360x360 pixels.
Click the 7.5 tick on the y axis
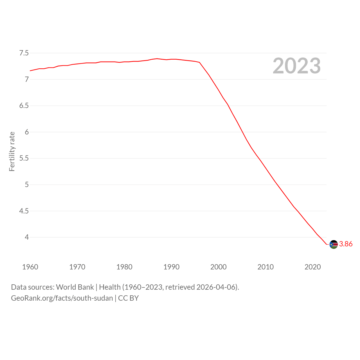(24, 53)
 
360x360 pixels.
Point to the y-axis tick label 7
(27, 79)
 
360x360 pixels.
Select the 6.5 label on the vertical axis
(24, 106)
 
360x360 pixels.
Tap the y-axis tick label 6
(27, 132)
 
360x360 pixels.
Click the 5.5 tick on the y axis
(24, 158)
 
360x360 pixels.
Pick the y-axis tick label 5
(27, 184)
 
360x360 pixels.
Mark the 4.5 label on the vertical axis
(24, 211)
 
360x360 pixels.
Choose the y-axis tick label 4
(27, 237)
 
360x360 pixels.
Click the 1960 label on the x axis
(30, 267)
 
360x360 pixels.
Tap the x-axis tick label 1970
(77, 267)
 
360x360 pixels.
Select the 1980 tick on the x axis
(124, 267)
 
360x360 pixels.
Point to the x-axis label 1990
(171, 267)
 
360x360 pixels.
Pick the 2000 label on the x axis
(219, 267)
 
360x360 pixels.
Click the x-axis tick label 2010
(265, 267)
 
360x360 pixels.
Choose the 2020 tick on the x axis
(312, 267)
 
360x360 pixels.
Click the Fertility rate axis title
(12, 152)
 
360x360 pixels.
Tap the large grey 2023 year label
(296, 66)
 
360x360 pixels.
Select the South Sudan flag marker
(334, 244)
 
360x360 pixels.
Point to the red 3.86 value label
(346, 244)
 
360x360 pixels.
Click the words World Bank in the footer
(75, 287)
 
